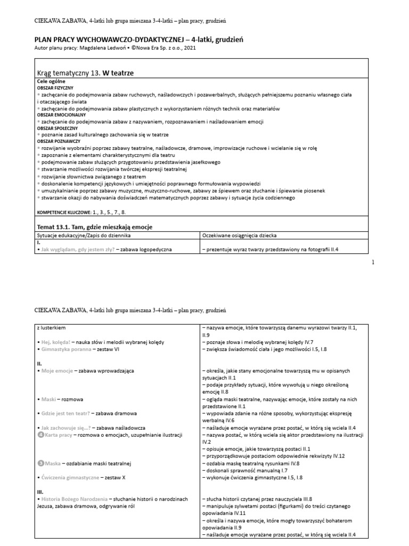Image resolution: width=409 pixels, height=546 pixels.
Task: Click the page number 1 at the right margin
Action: (x=373, y=262)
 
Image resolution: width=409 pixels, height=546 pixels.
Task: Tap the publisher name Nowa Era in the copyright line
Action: (x=143, y=48)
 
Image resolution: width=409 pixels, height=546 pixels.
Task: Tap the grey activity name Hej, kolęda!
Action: (x=55, y=342)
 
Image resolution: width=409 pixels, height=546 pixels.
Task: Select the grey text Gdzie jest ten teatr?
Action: (x=63, y=413)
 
